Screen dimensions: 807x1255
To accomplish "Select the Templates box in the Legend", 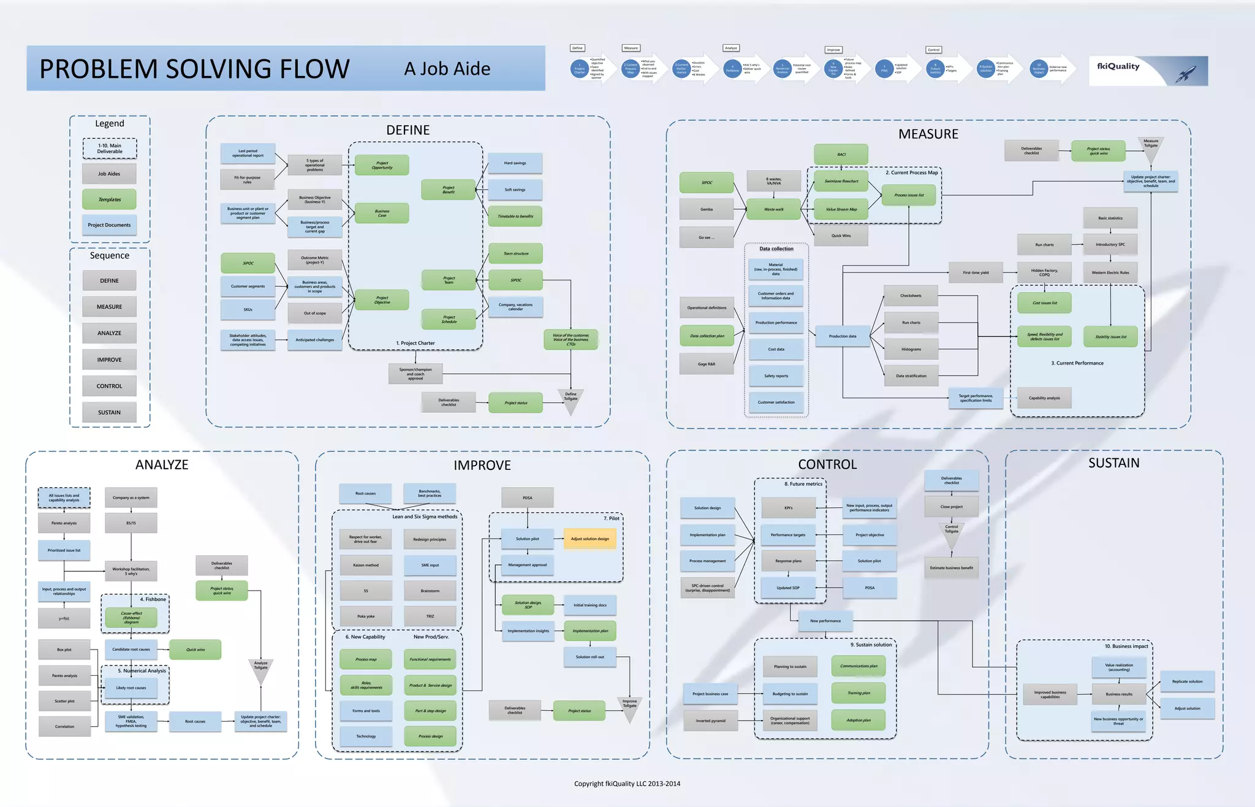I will tap(109, 199).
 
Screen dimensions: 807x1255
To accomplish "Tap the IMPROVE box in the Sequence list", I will tap(109, 360).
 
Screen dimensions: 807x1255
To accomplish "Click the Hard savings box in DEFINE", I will tap(515, 163).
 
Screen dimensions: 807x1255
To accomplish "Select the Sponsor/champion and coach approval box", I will tap(415, 374).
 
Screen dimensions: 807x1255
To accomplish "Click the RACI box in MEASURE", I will tap(841, 154).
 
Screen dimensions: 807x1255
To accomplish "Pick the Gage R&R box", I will tap(707, 364).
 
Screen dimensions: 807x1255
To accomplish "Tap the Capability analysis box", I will tap(1044, 398).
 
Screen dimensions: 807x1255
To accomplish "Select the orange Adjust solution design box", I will tap(590, 539).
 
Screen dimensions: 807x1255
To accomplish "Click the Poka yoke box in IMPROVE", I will tap(366, 616).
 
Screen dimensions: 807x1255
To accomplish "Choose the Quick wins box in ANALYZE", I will tap(195, 650).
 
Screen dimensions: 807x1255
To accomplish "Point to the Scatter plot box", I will tap(64, 701).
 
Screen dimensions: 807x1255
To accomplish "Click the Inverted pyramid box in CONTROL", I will tap(710, 721).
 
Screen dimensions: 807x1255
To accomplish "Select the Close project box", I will tap(951, 507).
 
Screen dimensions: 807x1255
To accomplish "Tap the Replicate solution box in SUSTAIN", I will tap(1187, 681).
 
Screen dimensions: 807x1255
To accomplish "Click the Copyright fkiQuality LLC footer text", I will tap(627, 784).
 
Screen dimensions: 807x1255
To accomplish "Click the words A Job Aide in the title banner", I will tap(447, 69).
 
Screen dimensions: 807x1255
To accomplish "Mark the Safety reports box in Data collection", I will tap(776, 376).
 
